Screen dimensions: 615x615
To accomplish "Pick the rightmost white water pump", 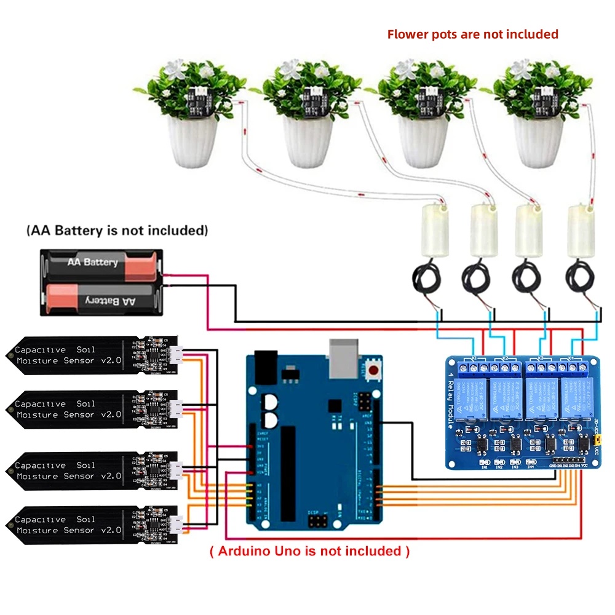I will (x=581, y=231).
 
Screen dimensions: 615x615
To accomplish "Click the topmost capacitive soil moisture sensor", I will (x=92, y=355).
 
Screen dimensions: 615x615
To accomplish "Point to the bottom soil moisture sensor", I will (x=92, y=525).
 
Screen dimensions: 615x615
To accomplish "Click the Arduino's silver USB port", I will (x=346, y=359).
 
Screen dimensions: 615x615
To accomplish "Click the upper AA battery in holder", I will (x=101, y=263).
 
